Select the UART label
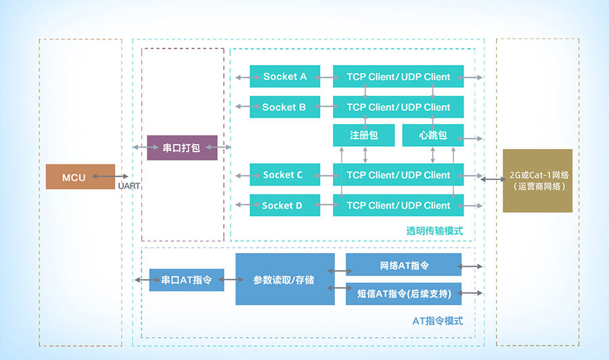click(129, 185)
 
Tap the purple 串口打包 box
click(182, 148)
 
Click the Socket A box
click(284, 76)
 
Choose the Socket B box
click(284, 107)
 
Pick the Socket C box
click(284, 175)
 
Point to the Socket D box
click(284, 205)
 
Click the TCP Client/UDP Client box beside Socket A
click(398, 76)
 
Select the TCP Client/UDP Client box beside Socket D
click(398, 205)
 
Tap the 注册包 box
click(363, 135)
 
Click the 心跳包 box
click(433, 135)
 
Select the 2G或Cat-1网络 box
click(537, 180)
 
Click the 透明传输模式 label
click(434, 231)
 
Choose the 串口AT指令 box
click(186, 279)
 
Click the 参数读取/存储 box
click(285, 279)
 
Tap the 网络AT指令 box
click(403, 266)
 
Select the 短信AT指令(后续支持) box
click(403, 293)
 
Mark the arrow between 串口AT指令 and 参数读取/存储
click(230, 279)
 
